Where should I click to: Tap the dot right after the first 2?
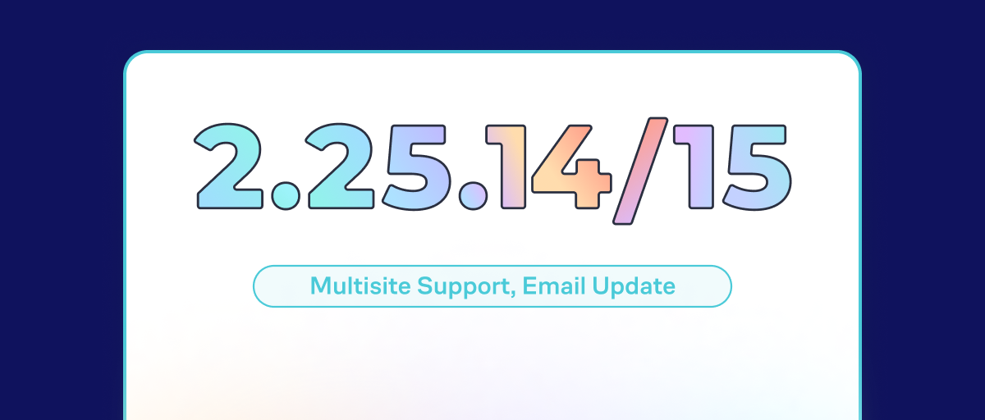point(286,196)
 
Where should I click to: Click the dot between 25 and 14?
point(473,196)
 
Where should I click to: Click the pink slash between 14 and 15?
point(640,171)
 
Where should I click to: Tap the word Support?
point(466,288)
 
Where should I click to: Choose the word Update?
point(634,288)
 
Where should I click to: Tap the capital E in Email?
point(530,286)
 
